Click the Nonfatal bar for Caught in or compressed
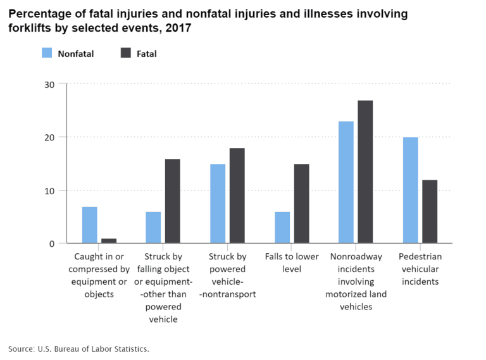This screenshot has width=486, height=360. (90, 225)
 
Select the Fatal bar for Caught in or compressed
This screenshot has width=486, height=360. (109, 241)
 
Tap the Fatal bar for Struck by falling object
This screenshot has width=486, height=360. (173, 201)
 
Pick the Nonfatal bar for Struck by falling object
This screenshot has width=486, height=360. (153, 228)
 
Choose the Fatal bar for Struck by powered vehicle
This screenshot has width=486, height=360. (237, 196)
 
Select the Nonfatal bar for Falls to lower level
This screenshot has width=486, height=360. (282, 228)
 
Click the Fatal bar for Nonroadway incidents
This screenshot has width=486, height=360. (365, 171)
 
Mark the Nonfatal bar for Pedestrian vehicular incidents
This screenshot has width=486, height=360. (410, 190)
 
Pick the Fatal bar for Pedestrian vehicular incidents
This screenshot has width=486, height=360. (430, 212)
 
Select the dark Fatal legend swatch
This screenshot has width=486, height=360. (125, 53)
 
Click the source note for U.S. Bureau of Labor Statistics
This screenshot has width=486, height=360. (78, 349)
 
